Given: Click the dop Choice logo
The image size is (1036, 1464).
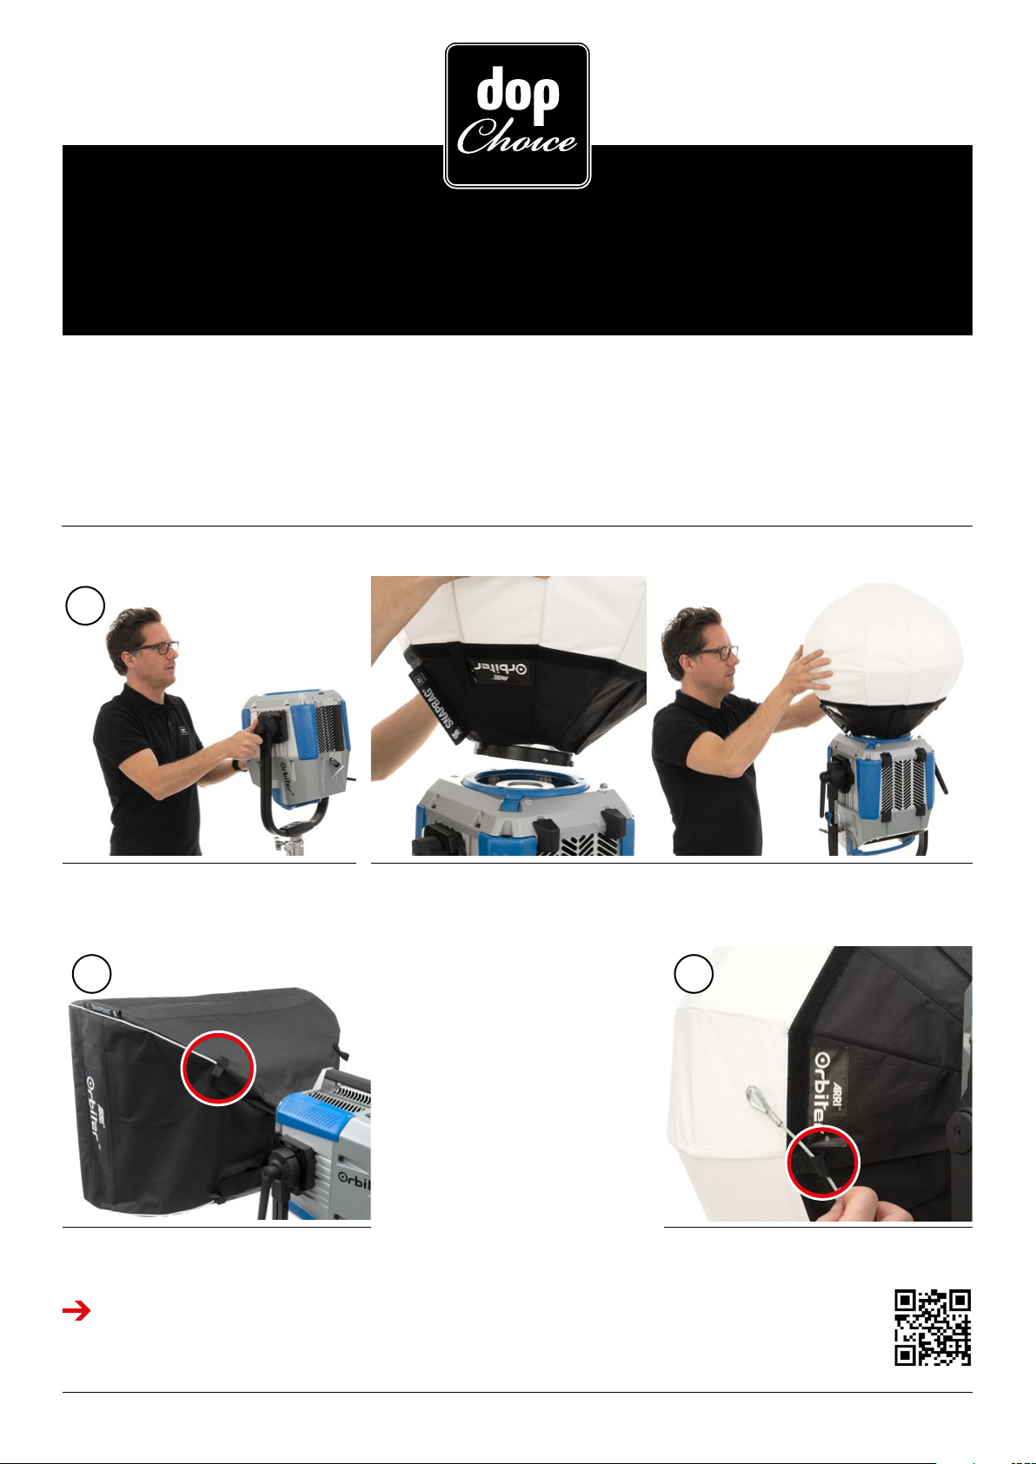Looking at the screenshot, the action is click(x=517, y=116).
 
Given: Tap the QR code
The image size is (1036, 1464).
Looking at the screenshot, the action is click(x=932, y=1328).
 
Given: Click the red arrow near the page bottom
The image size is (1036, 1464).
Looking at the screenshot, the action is click(x=76, y=1310).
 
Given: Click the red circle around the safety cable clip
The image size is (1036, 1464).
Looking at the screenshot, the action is click(x=822, y=1162).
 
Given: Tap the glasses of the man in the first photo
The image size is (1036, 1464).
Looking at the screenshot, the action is click(x=156, y=648).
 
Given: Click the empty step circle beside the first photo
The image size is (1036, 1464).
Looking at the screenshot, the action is click(x=86, y=606).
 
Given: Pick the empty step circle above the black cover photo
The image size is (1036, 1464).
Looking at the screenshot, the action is click(x=91, y=974).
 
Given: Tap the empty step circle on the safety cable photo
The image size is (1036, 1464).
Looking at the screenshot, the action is click(x=694, y=974).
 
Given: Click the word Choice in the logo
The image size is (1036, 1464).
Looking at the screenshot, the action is click(x=516, y=137).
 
